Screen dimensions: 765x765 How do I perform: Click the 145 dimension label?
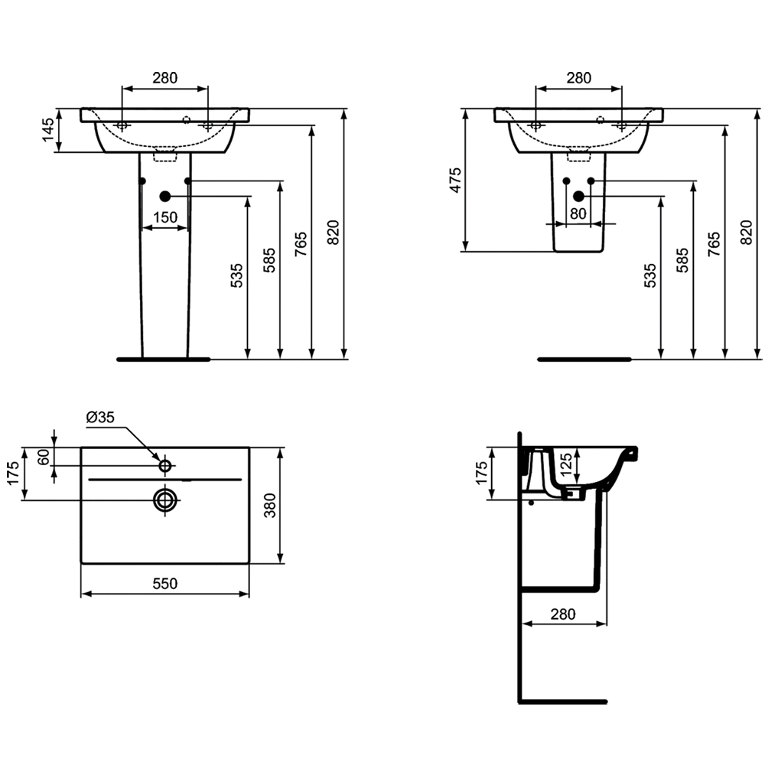[x=47, y=130]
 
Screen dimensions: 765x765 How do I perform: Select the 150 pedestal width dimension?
[x=165, y=217]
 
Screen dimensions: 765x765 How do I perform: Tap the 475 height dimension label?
[x=455, y=180]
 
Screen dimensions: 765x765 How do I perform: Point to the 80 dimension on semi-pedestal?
[x=578, y=213]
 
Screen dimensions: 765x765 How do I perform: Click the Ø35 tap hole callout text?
[x=100, y=417]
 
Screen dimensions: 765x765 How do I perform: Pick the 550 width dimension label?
[x=165, y=584]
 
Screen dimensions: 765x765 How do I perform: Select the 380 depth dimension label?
[x=270, y=506]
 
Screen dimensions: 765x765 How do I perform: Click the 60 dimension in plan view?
[x=44, y=457]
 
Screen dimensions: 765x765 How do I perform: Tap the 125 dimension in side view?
[x=565, y=464]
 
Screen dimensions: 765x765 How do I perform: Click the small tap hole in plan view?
[x=165, y=466]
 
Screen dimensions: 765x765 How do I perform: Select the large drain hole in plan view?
[x=165, y=500]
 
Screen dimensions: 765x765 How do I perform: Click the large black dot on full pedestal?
[x=165, y=196]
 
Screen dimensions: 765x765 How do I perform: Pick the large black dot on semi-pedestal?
[x=578, y=196]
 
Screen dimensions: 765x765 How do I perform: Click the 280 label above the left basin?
[x=165, y=77]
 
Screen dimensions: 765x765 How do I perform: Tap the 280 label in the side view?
[x=563, y=614]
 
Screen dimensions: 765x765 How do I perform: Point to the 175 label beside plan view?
[x=14, y=473]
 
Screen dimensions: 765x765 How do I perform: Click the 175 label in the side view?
[x=481, y=473]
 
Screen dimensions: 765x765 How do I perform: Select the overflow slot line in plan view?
[x=165, y=480]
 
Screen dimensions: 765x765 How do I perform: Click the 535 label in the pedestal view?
[x=236, y=275]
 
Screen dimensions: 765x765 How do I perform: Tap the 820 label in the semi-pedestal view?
[x=747, y=233]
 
